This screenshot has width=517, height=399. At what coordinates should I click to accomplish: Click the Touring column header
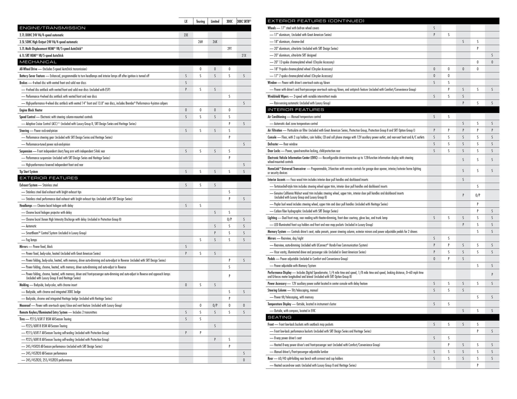pos(200,21)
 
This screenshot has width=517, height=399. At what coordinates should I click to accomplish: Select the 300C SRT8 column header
pos(244,21)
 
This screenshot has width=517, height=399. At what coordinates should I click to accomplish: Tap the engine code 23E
pos(186,35)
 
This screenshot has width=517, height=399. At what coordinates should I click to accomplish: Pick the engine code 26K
pos(215,42)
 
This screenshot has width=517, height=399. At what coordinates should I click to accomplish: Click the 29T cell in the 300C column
pos(229,49)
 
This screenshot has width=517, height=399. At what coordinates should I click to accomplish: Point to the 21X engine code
pos(244,55)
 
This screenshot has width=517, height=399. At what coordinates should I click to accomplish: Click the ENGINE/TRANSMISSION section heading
pos(52,28)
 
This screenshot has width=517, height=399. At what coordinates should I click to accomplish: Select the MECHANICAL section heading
pos(38,62)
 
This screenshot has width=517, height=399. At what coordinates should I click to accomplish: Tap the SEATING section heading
pos(279,317)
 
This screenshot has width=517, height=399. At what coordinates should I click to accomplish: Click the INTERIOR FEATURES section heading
pos(296,110)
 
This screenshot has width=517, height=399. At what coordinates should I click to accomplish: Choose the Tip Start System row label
pos(29,172)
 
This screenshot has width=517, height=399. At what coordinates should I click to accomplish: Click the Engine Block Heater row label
pos(31,110)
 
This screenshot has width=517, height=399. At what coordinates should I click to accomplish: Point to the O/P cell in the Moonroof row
pos(215,305)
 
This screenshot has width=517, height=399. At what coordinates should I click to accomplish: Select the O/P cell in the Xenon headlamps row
pos(229,219)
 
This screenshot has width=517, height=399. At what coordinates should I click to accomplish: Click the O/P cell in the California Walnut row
pos(478,195)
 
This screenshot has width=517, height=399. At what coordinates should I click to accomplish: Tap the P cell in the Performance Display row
pos(492,274)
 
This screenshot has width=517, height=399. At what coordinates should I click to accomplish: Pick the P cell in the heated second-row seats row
pos(478,365)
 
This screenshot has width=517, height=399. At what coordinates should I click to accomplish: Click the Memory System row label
pos(277,232)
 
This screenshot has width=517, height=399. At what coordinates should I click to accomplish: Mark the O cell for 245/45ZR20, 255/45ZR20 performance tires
pos(244,360)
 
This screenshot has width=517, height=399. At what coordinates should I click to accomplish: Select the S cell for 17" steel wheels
pos(434,28)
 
